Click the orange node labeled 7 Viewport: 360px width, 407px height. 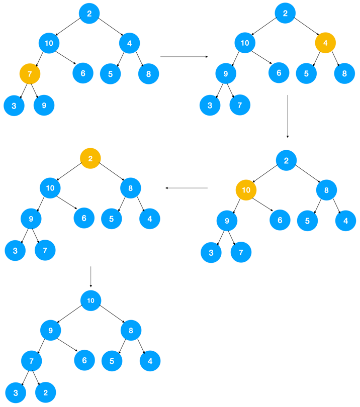(30, 74)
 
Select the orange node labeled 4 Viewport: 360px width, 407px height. (325, 43)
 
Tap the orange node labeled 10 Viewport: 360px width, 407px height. (246, 190)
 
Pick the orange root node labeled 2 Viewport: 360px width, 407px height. (91, 159)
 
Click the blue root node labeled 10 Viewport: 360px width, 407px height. (91, 300)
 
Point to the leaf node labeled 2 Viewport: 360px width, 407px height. (45, 392)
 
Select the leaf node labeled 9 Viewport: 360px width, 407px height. (44, 106)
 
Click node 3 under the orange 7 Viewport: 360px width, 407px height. (14, 106)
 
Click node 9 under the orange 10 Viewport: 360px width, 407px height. (227, 221)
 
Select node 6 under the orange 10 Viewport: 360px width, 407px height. (280, 219)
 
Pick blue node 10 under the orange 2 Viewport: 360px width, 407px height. (50, 188)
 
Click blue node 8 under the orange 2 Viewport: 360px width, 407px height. (131, 188)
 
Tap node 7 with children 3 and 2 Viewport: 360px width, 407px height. (31, 361)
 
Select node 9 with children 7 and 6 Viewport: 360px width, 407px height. (51, 330)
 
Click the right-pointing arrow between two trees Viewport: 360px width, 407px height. (184, 57)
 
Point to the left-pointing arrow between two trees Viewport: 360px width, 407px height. (187, 188)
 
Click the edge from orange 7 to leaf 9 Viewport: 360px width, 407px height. (36, 90)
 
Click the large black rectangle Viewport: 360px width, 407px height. (261, 337)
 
